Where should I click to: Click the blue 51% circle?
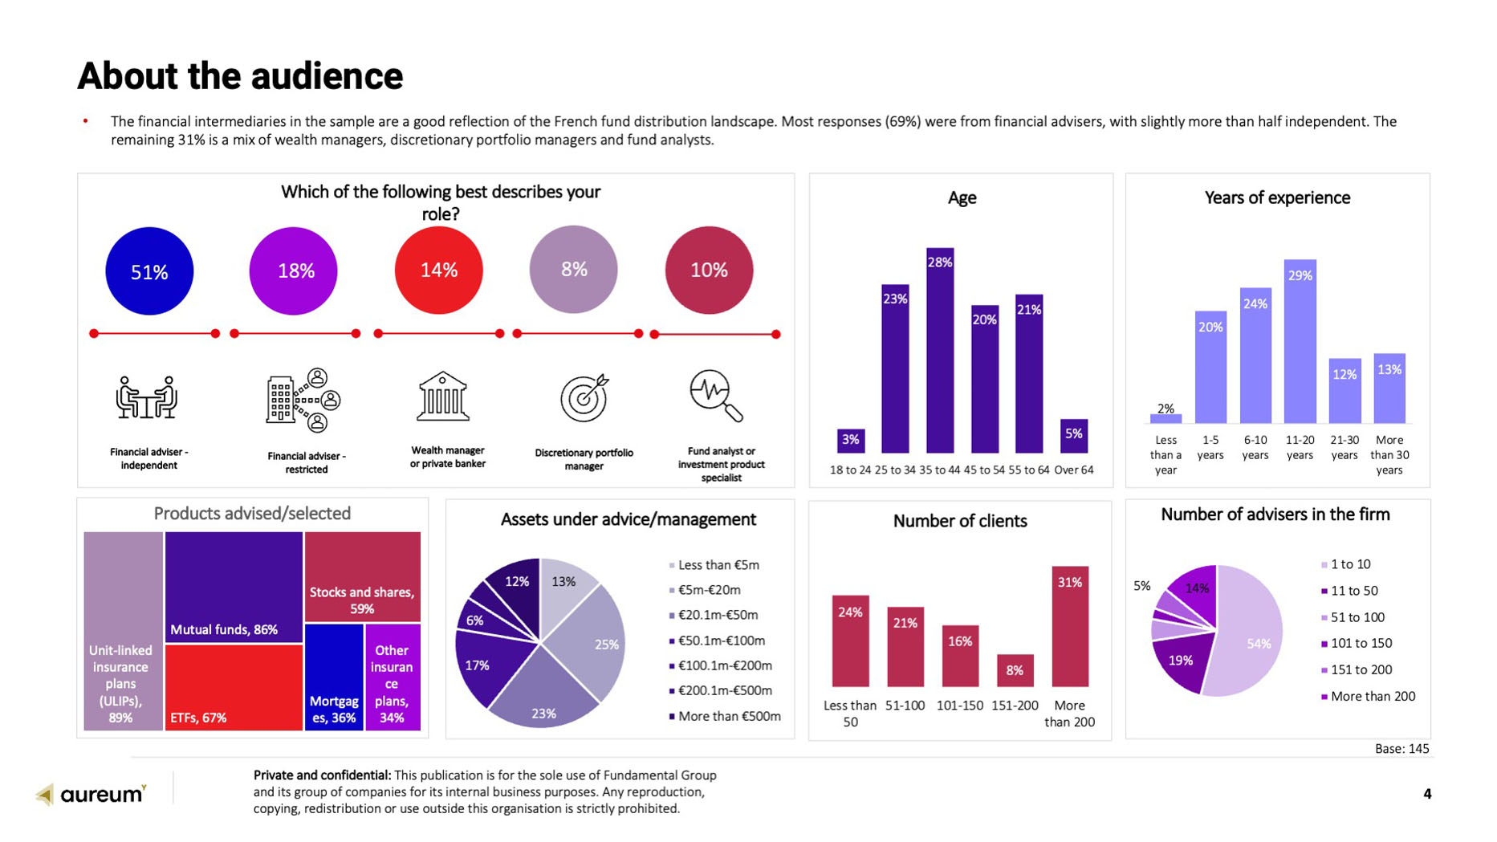coord(149,271)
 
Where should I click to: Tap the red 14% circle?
coord(438,270)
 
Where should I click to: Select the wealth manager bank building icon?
coord(442,397)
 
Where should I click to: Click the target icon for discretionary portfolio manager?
coord(584,397)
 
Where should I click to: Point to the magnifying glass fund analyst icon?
coord(715,395)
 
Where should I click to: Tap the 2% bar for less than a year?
coord(1165,418)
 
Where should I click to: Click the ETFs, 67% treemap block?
coord(234,687)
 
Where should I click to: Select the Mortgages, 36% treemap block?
coord(334,677)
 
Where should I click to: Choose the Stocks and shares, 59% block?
coord(362,577)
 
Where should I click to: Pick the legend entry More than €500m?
coord(728,716)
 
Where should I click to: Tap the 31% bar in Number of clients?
coord(1070,626)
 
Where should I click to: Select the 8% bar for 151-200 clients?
coord(1015,670)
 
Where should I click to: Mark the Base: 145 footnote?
coord(1401,749)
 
